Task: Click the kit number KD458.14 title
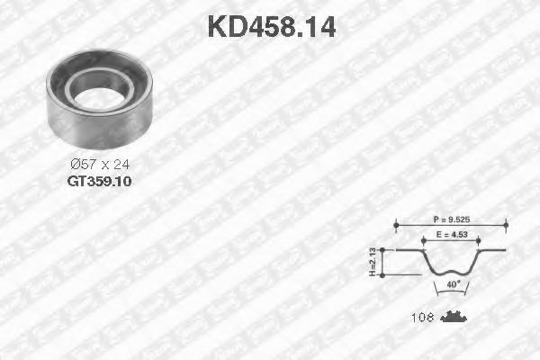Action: pyautogui.click(x=271, y=27)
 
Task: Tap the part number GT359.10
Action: pyautogui.click(x=99, y=179)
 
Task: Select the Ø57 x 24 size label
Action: pyautogui.click(x=99, y=164)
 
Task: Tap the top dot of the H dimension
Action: pyautogui.click(x=385, y=249)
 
